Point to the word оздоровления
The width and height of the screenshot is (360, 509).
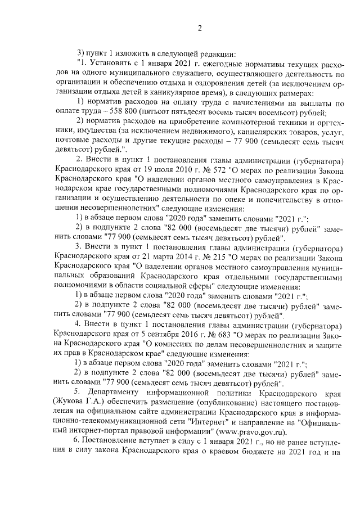pyautogui.click(x=188, y=83)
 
